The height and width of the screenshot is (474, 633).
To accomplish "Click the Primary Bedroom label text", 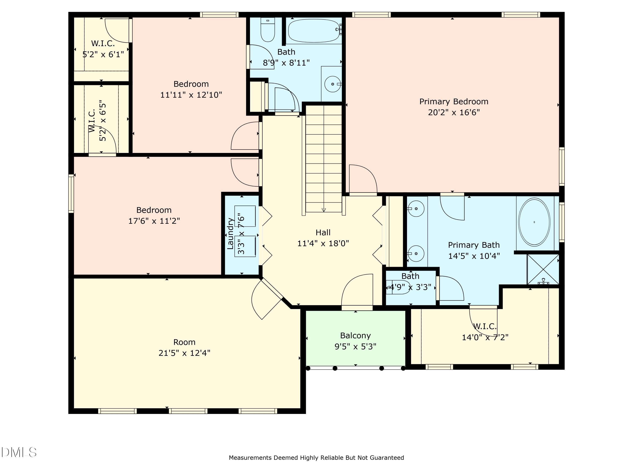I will [454, 102].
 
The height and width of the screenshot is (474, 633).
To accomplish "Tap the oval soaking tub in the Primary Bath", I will [534, 222].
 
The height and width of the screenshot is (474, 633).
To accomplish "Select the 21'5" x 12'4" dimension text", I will [184, 353].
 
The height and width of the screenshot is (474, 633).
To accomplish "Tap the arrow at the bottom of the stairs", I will [324, 210].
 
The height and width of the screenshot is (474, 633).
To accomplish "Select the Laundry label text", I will [231, 233].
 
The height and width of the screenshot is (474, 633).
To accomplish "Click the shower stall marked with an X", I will [543, 269].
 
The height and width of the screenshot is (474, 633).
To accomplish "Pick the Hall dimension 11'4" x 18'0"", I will [323, 244].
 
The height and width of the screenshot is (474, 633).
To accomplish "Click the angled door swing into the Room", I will [265, 299].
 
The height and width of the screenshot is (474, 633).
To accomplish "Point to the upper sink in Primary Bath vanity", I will [416, 209].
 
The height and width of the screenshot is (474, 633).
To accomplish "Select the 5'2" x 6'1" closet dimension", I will [103, 54].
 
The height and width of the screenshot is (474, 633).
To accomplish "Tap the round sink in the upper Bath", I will [333, 84].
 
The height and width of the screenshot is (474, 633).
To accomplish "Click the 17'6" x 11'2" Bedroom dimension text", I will [154, 221].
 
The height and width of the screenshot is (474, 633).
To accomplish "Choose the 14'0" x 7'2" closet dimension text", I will [485, 337].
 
